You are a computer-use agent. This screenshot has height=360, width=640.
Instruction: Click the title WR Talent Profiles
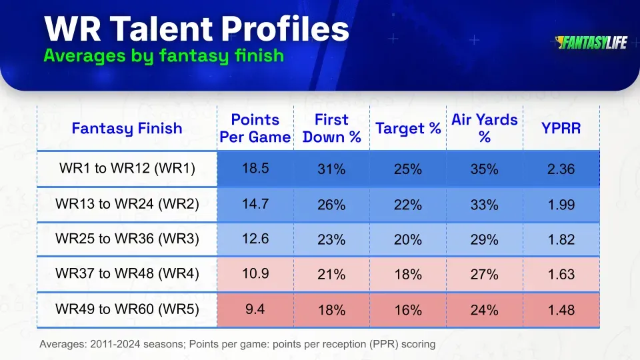click(196, 29)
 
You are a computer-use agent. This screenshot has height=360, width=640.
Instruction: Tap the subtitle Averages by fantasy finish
click(163, 56)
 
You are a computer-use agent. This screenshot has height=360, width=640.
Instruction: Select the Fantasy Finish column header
click(127, 128)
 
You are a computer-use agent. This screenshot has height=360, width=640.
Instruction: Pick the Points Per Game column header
click(255, 128)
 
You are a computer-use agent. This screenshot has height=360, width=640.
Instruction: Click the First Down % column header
click(331, 128)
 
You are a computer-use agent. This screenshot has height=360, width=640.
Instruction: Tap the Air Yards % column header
click(484, 128)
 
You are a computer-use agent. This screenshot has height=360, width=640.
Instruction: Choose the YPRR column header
click(561, 128)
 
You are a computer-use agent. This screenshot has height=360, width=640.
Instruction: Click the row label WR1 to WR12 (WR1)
click(127, 169)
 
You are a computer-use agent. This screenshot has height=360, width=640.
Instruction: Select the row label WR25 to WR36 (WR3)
click(127, 239)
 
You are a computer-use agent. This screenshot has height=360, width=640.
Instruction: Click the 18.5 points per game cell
click(255, 168)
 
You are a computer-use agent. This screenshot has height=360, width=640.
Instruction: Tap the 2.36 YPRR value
click(561, 169)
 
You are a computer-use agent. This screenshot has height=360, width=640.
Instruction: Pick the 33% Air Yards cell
click(484, 205)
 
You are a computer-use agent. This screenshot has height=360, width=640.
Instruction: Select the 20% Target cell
click(407, 240)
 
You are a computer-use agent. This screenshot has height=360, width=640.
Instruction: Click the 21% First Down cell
click(331, 275)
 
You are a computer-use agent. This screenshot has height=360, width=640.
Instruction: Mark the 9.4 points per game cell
click(255, 309)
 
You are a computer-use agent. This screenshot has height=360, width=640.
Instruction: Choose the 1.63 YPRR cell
click(561, 275)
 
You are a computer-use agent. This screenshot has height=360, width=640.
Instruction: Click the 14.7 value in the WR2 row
click(255, 203)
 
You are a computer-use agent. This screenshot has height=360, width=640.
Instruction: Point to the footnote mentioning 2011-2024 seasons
click(237, 345)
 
